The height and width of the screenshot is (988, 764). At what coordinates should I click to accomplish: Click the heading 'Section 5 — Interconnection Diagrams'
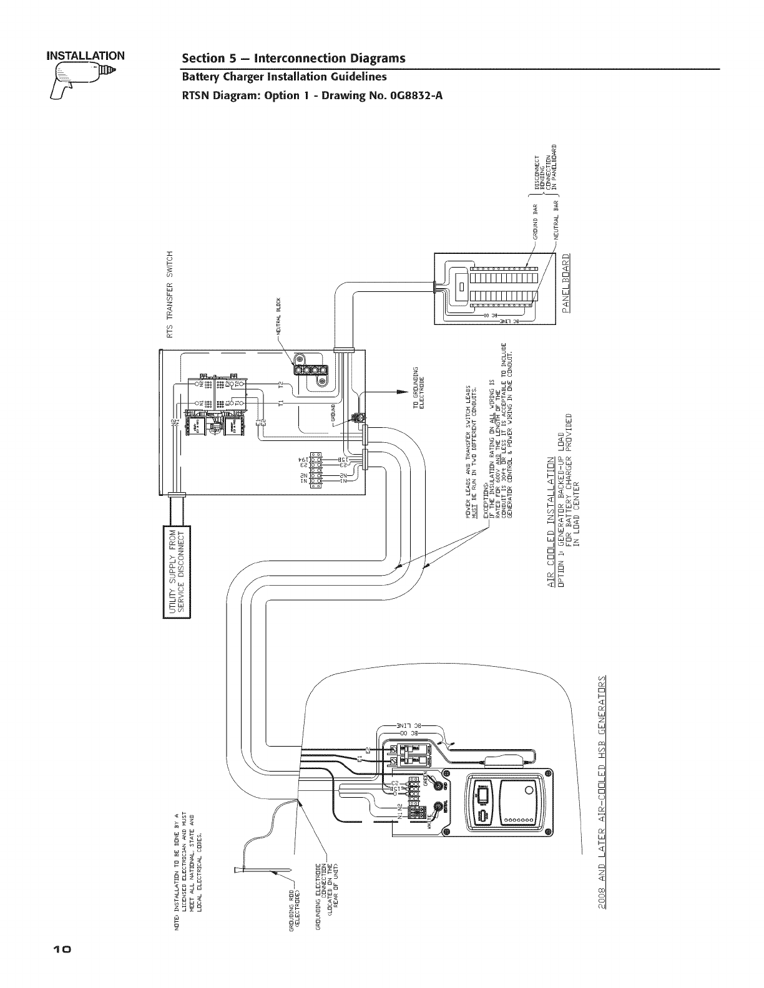click(x=293, y=59)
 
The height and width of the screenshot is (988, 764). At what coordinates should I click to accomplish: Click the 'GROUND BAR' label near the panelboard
click(x=535, y=221)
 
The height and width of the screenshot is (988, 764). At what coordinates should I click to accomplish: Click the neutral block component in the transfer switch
click(x=311, y=371)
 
